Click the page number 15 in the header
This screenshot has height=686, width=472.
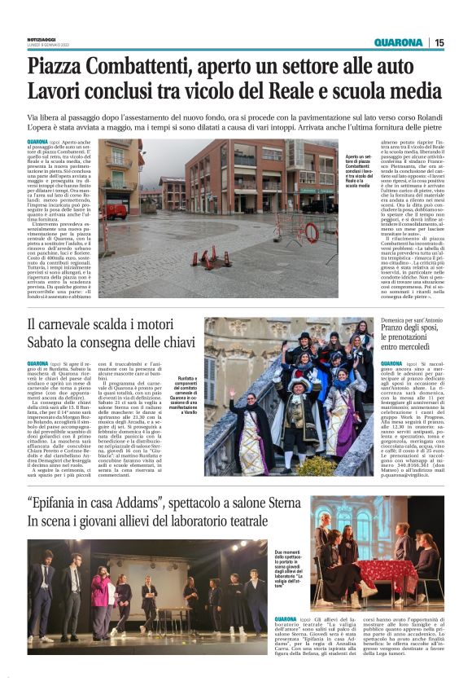pos(439,42)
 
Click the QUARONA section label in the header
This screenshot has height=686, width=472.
pos(398,42)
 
